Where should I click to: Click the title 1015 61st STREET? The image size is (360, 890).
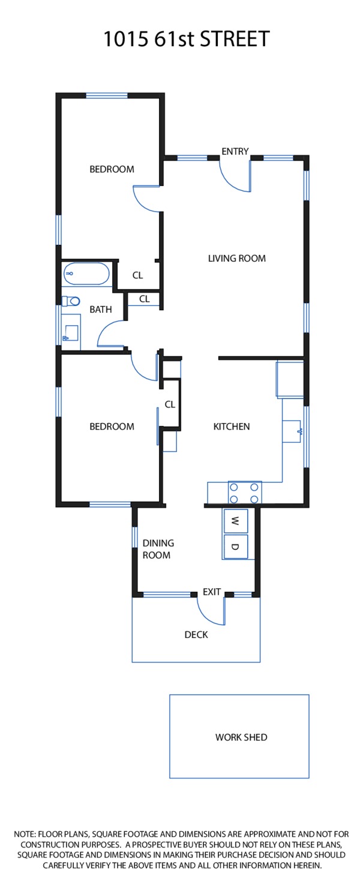point(187,39)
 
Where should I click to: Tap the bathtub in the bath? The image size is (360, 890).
point(86,274)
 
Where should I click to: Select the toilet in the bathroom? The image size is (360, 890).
point(71,301)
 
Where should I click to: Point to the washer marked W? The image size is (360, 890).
point(235,521)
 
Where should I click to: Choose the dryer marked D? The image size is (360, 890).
point(235,547)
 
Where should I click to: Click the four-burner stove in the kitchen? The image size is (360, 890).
point(244,493)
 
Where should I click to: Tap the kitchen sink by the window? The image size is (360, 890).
point(292,431)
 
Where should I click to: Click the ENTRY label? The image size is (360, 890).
point(235,151)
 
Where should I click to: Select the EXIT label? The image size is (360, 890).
point(211,592)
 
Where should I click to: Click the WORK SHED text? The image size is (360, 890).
point(241,738)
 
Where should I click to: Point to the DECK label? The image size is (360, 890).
point(196,634)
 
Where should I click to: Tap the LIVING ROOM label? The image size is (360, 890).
point(237,258)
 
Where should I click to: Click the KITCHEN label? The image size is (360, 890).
point(231,427)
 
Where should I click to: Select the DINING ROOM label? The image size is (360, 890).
point(158,549)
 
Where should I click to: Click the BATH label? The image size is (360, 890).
point(101,310)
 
